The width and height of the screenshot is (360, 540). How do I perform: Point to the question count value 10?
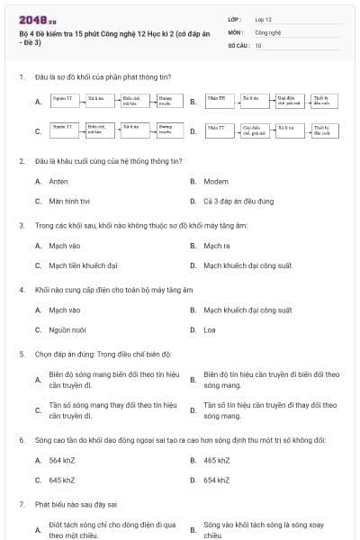(258, 44)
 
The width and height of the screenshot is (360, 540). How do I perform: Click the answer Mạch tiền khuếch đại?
(83, 265)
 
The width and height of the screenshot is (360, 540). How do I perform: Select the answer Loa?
(210, 329)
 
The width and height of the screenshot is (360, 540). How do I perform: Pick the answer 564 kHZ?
(62, 460)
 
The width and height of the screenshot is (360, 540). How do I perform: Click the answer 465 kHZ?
(217, 460)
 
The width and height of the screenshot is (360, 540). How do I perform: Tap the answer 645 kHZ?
(62, 480)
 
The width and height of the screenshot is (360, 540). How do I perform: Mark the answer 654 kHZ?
(217, 480)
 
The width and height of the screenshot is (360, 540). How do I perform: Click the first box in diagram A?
(62, 101)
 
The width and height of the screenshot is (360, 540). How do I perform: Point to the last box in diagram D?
(321, 131)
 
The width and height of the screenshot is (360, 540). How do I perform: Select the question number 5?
(21, 354)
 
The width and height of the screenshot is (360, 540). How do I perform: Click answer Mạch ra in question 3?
(217, 245)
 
